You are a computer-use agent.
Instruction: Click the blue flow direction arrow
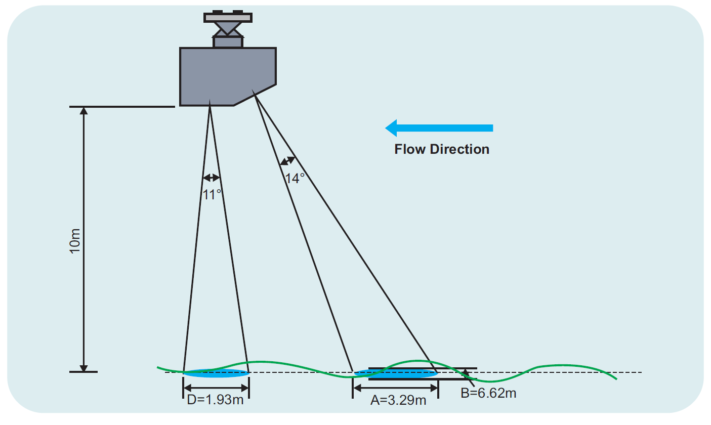439,128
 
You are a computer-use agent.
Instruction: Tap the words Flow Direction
442,149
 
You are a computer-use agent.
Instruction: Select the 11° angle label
212,195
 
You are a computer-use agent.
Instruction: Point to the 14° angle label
295,179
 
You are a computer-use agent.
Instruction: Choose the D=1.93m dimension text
215,400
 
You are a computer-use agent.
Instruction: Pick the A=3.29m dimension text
398,400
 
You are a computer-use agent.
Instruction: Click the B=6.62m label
488,393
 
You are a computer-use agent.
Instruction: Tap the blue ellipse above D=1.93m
216,373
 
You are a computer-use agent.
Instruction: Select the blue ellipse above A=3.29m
396,373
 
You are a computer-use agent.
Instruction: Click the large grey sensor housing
228,76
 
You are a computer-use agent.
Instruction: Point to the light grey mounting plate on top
228,18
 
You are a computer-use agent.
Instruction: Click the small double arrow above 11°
211,178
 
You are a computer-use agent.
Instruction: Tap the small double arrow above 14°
287,161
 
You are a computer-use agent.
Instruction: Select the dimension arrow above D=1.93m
216,388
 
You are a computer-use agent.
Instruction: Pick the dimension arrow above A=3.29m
396,388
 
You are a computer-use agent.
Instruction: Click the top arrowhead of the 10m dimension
83,111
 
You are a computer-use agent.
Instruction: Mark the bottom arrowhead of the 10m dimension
83,368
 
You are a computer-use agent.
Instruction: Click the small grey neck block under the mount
228,42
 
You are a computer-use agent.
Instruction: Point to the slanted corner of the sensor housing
255,95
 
